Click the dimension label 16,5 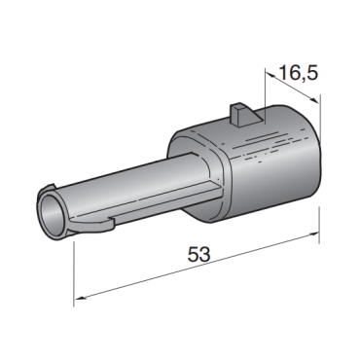[x=299, y=73]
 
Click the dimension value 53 [x=199, y=254]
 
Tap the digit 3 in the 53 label [x=205, y=254]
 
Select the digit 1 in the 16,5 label [x=282, y=73]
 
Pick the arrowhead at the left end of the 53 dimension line [x=81, y=297]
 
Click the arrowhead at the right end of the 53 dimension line [x=313, y=234]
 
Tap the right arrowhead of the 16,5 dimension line [x=314, y=100]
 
